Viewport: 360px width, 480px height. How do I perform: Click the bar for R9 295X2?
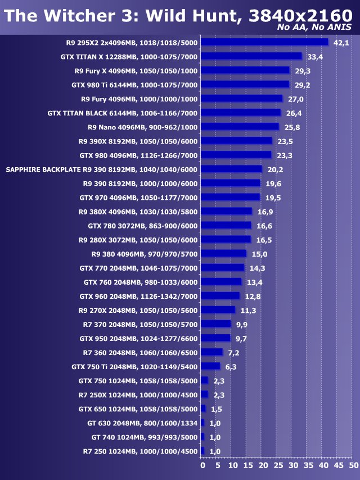(x=264, y=42)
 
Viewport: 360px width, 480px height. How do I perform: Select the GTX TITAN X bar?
(x=251, y=56)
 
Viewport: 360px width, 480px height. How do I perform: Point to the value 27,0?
(x=295, y=99)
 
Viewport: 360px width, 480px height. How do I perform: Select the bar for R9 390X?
(x=236, y=141)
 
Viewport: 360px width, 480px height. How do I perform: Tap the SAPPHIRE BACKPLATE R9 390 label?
(x=101, y=169)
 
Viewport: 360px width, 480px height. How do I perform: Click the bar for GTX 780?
(x=226, y=225)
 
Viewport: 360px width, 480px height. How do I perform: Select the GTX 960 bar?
(x=220, y=295)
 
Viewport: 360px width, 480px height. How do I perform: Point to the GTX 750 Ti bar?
(x=210, y=366)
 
